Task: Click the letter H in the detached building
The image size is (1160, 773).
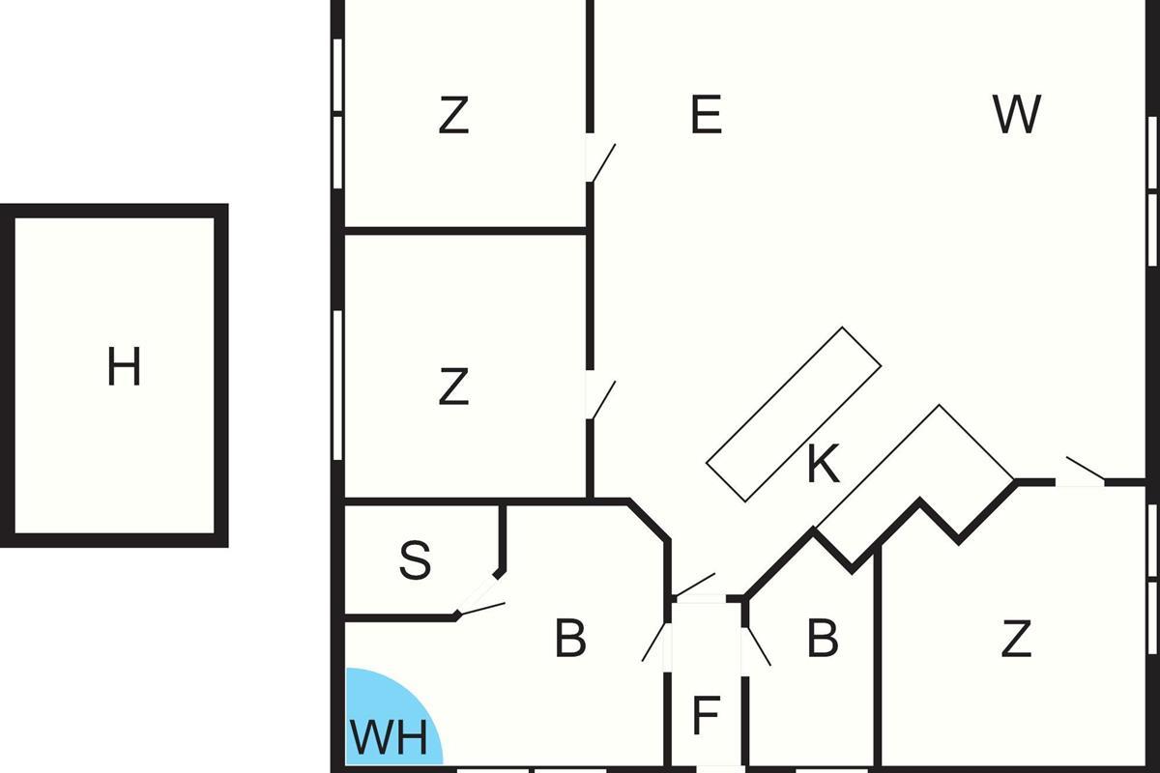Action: [x=124, y=366]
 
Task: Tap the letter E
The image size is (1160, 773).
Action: [x=707, y=114]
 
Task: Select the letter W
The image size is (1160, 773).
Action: [x=1017, y=114]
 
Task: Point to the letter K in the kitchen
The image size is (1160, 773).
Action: [x=824, y=464]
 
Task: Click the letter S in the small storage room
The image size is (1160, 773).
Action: [x=415, y=559]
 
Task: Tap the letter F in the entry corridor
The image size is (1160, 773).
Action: [x=706, y=715]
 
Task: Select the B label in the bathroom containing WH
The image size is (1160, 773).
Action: [x=570, y=639]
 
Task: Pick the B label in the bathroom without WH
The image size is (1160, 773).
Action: [x=823, y=638]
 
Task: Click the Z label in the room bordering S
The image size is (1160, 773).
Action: [x=453, y=386]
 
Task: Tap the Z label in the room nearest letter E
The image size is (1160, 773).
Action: [x=453, y=114]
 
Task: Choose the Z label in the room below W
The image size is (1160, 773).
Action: [x=1016, y=639]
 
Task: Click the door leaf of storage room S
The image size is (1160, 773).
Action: [x=480, y=609]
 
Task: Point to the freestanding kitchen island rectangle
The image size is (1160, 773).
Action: [x=794, y=415]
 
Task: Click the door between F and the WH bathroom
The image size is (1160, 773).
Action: [x=653, y=642]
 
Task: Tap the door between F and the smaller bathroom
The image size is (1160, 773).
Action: [x=758, y=646]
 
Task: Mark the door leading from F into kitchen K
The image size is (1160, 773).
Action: [x=694, y=585]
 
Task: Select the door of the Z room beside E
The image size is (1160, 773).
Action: [x=604, y=162]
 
